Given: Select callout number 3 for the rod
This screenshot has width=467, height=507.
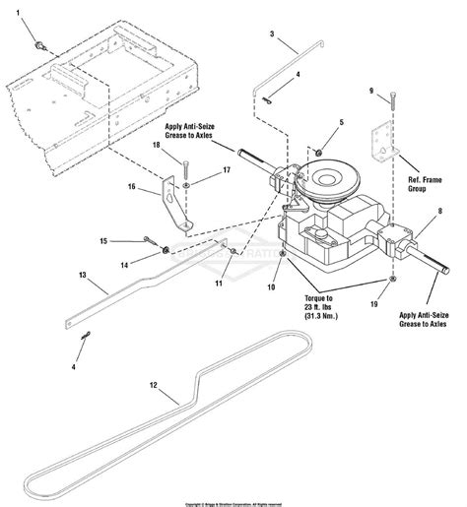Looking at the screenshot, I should pos(272,34).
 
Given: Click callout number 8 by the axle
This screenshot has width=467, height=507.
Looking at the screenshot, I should pos(440,211).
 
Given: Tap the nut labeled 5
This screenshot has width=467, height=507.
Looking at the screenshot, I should pos(321,152).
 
